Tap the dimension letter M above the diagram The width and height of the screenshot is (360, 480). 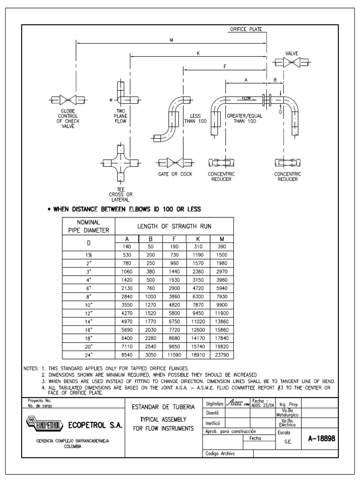point(172,40)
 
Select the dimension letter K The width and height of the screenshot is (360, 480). point(198,53)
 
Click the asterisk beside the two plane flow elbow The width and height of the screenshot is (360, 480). point(111,100)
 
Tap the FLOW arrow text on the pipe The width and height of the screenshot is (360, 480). point(247,98)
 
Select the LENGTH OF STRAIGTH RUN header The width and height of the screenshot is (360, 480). point(174,226)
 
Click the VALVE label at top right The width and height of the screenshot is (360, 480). point(292,53)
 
